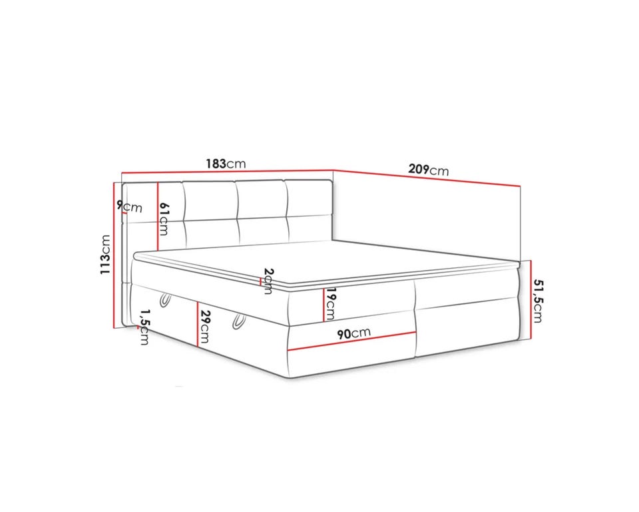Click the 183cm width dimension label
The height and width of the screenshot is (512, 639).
[x=226, y=164]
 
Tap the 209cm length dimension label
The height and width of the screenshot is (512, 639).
[x=428, y=169]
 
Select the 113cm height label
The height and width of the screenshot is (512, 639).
[x=106, y=255]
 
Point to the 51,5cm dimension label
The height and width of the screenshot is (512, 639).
[x=538, y=301]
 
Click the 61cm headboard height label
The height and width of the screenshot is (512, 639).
[x=164, y=219]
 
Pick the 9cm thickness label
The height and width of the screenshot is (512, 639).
[x=130, y=207]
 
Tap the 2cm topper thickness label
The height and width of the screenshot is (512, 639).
[x=268, y=281]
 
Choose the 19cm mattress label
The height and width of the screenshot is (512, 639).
[x=330, y=304]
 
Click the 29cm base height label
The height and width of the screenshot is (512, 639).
[x=205, y=327]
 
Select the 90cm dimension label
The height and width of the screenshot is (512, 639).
[x=353, y=333]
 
